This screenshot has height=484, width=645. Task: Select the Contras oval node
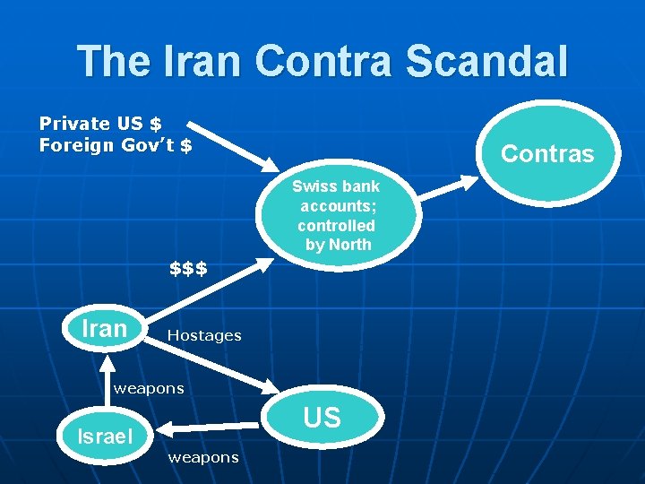point(546,153)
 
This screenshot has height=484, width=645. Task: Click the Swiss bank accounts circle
point(337,215)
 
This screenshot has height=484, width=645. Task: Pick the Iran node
point(104,329)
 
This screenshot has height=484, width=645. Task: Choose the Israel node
point(105,436)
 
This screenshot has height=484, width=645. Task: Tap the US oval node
point(322,418)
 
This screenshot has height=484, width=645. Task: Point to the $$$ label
point(188,268)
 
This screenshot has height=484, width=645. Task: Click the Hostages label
point(204,335)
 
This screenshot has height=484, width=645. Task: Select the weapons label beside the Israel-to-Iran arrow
point(148,388)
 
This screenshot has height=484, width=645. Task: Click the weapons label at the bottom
point(202,457)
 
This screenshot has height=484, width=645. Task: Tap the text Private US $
point(100,124)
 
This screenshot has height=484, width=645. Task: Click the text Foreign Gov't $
point(116,144)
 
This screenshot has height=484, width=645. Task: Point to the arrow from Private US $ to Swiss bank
point(232,143)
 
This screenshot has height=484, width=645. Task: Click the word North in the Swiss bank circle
point(350,245)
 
